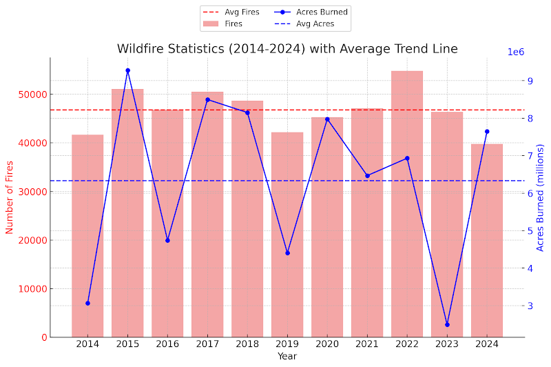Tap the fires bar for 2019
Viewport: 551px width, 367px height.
287,235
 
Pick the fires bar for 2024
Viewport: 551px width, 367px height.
487,241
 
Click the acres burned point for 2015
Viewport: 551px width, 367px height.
127,70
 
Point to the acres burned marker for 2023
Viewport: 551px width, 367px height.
447,324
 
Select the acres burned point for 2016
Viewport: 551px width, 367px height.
167,240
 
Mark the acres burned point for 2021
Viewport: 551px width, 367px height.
367,175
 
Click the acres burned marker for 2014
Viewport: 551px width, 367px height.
87,303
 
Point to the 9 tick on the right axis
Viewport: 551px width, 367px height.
530,81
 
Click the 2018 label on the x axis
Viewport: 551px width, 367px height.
247,344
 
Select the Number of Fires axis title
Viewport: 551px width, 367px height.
10,197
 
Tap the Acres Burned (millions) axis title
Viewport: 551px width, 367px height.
541,197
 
